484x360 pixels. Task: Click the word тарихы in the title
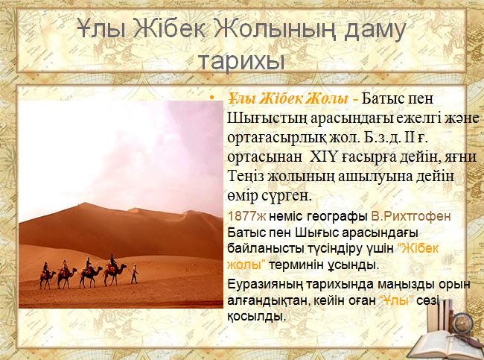tap(241, 62)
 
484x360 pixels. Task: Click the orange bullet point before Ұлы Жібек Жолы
tap(211, 98)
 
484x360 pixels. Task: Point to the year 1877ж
tap(246, 216)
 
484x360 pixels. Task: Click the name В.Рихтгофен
tap(411, 216)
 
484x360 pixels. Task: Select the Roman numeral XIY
tap(322, 157)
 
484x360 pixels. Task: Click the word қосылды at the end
tap(255, 316)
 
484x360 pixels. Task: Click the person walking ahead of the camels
tap(134, 274)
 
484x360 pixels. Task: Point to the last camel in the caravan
tap(47, 277)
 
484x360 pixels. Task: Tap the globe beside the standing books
tap(462, 322)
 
